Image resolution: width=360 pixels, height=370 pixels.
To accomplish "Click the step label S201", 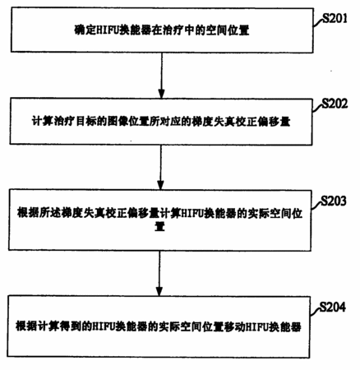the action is [335, 18].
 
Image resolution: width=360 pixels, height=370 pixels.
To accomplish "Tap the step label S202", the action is [335, 104].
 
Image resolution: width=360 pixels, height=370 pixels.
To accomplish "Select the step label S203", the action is [334, 201].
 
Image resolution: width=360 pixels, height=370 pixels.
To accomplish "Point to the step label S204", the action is [333, 307].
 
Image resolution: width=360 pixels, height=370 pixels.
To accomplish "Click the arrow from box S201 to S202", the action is [162, 76].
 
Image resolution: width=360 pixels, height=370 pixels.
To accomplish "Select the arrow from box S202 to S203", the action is [161, 167].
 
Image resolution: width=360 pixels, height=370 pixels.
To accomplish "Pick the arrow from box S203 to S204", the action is [159, 273].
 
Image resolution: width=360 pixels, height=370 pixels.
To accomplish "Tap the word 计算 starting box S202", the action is [43, 121].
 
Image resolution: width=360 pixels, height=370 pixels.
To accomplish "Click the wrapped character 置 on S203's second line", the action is [159, 227].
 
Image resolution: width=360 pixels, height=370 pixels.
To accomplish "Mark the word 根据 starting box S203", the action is [28, 213].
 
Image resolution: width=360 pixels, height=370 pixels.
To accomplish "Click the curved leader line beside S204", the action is [315, 312].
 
